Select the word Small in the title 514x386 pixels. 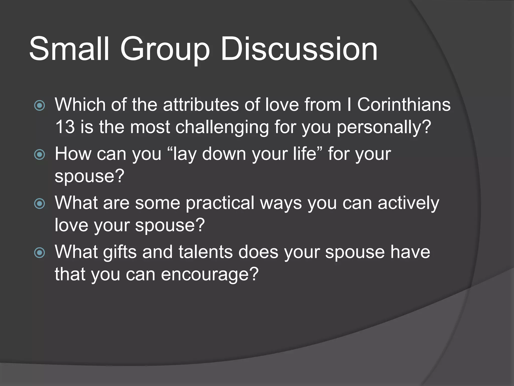[69, 49]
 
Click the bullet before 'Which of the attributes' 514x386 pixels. [39, 106]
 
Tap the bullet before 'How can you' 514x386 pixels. [39, 155]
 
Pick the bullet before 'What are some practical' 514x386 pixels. [39, 204]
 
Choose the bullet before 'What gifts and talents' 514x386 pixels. [39, 253]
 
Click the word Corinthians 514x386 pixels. [404, 105]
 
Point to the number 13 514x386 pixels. [65, 127]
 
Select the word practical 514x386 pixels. [220, 203]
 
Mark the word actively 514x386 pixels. [408, 203]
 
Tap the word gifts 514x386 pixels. [120, 252]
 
